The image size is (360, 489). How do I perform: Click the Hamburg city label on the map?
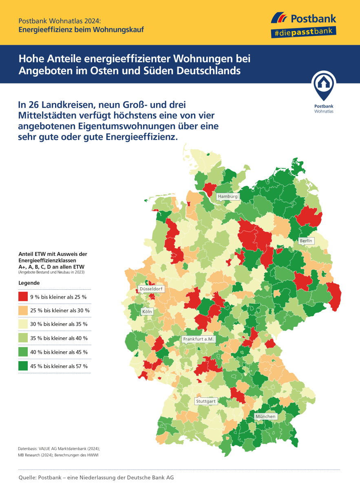pyautogui.click(x=227, y=196)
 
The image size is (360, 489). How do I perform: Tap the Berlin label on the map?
pyautogui.click(x=306, y=241)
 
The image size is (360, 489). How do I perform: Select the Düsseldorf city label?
pyautogui.click(x=151, y=289)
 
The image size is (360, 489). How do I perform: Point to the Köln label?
pyautogui.click(x=147, y=312)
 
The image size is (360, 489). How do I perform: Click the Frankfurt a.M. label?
pyautogui.click(x=199, y=339)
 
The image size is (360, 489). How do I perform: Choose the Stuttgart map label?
pyautogui.click(x=205, y=401)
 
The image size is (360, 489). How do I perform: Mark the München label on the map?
pyautogui.click(x=265, y=416)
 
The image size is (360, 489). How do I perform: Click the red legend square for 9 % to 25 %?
pyautogui.click(x=23, y=296)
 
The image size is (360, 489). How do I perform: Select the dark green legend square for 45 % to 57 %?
pyautogui.click(x=23, y=366)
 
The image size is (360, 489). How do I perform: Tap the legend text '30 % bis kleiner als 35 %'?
pyautogui.click(x=59, y=324)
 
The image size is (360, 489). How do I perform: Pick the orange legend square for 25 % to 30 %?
pyautogui.click(x=23, y=310)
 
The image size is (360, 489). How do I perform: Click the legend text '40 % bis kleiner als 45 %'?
pyautogui.click(x=59, y=352)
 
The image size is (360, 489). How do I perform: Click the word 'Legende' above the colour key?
pyautogui.click(x=29, y=282)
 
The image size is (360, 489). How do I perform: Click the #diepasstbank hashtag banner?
pyautogui.click(x=303, y=31)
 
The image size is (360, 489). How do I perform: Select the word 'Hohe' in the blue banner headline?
pyautogui.click(x=30, y=58)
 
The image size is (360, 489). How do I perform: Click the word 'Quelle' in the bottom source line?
pyautogui.click(x=27, y=477)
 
